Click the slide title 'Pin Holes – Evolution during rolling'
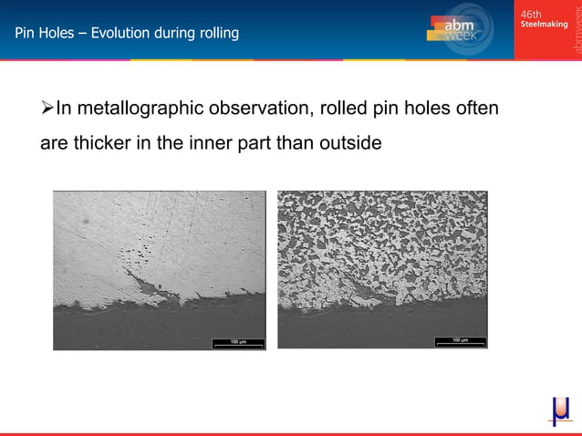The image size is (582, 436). (x=127, y=34)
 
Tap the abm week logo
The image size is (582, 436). (x=462, y=30)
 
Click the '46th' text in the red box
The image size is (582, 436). (x=531, y=14)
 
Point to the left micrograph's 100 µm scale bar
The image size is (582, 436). (x=238, y=342)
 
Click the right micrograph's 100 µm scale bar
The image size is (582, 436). (x=460, y=341)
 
